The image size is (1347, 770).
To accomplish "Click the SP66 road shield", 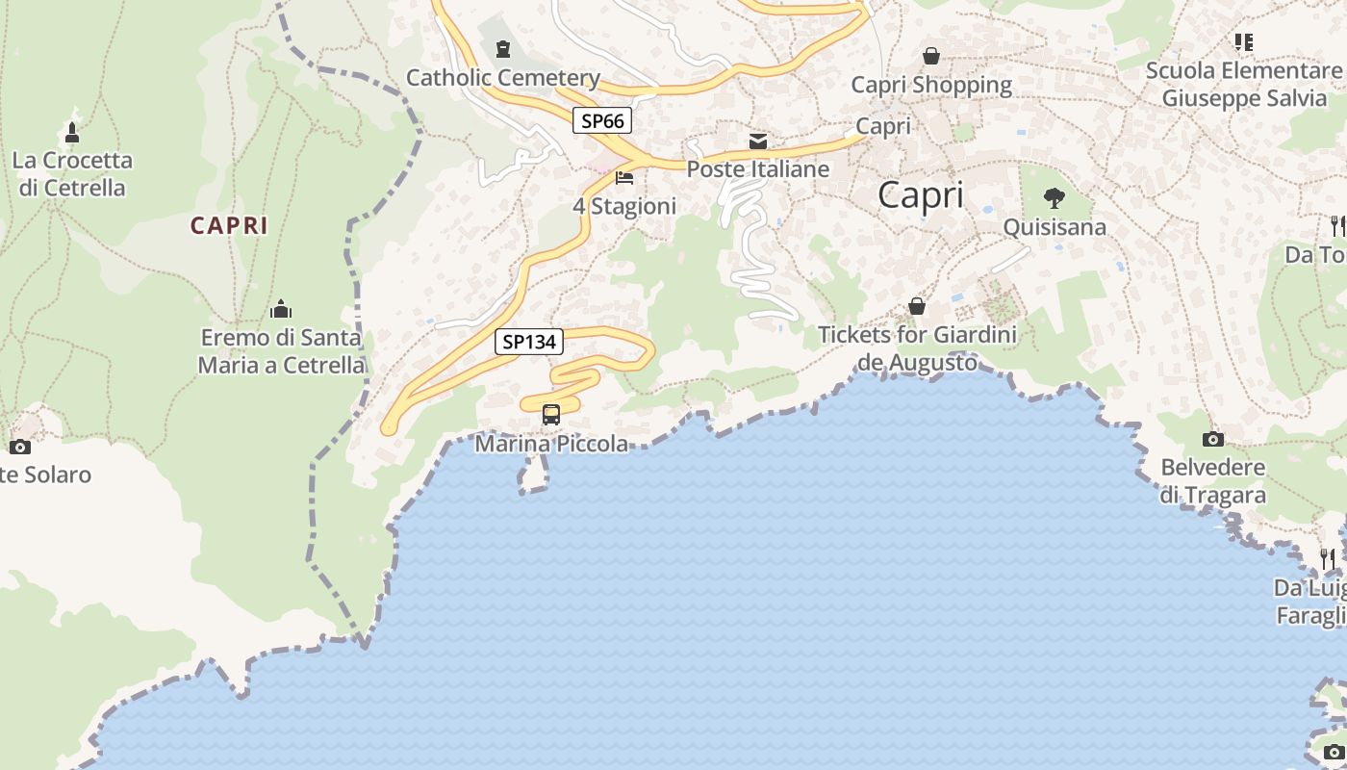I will click(602, 120).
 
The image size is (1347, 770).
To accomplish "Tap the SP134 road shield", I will click(529, 341).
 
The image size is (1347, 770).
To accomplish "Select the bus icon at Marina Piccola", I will click(551, 415).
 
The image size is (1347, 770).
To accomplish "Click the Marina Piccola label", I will click(551, 444).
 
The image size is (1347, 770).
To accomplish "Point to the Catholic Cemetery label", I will click(503, 78).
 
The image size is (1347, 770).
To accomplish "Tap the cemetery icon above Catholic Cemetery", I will click(503, 49).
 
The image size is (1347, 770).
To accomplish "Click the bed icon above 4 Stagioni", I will click(624, 178).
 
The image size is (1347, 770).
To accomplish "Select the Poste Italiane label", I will click(757, 169).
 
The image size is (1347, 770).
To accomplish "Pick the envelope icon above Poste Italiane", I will click(758, 142).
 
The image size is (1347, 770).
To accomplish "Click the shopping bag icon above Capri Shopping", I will click(931, 57).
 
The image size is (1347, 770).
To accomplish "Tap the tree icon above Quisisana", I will click(1055, 199).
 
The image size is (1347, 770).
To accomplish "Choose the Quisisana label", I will click(1055, 227).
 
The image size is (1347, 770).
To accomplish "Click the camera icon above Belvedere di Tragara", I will click(1213, 440).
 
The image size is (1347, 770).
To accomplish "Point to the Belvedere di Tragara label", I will click(1212, 481).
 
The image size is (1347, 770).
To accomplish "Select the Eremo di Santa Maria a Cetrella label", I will click(281, 351).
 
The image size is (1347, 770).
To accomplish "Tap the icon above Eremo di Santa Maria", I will click(281, 309).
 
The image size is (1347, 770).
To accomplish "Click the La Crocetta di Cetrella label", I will click(72, 173).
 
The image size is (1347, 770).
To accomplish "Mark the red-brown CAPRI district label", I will click(229, 225).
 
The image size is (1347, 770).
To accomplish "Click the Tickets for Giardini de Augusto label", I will click(917, 348).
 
